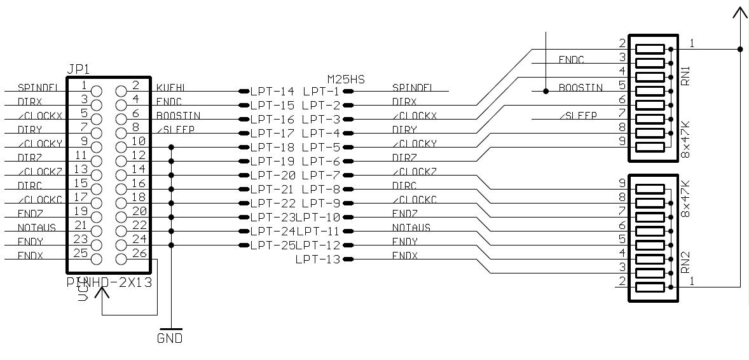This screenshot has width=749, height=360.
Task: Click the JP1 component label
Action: pos(79,68)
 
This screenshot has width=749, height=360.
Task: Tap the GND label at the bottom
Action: pos(170,338)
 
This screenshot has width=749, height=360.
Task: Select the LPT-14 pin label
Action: pos(272,92)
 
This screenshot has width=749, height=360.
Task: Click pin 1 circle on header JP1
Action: pos(97,91)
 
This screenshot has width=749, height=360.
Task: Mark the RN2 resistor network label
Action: pos(685,261)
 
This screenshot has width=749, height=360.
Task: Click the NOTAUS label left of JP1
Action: pos(37,228)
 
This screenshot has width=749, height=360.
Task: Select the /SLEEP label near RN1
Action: pos(578,115)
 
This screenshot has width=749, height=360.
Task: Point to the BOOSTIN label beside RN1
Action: pos(581,88)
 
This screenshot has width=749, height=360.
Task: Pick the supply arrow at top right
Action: pos(740,14)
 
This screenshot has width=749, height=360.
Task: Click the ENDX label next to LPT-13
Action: pos(405,256)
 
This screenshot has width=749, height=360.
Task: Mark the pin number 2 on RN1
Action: pos(622,44)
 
